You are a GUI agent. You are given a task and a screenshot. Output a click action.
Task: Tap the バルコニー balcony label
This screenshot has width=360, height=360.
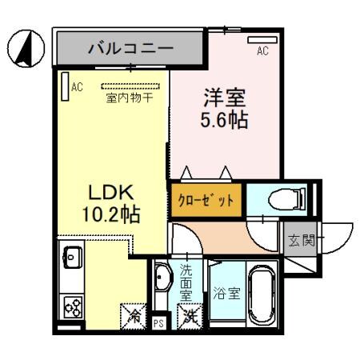pyautogui.click(x=130, y=48)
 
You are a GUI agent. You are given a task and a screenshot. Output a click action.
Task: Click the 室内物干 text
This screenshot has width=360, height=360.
pyautogui.click(x=130, y=98)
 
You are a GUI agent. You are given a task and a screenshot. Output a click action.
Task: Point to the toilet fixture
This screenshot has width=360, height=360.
pyautogui.click(x=277, y=199)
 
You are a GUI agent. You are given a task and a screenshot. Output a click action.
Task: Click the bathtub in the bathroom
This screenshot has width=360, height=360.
pyautogui.click(x=261, y=292)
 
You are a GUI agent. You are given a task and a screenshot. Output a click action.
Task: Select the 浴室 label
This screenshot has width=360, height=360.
pyautogui.click(x=226, y=294)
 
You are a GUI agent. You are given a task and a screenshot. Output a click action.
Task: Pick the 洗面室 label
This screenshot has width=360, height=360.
pyautogui.click(x=186, y=282)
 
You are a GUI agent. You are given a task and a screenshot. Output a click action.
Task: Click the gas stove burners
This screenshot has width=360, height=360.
pyautogui.click(x=72, y=306)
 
